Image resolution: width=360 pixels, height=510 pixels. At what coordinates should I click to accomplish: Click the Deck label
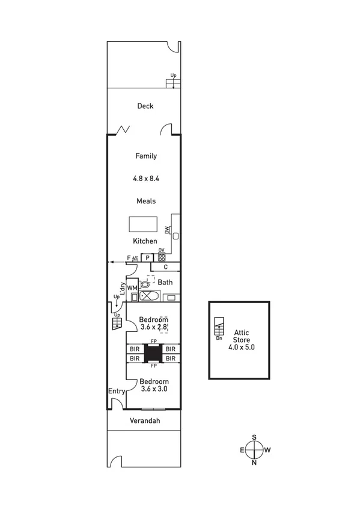(145, 106)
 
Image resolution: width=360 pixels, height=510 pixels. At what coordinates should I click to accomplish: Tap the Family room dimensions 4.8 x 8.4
(145, 179)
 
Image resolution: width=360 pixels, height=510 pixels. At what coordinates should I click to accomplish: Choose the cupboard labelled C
(165, 267)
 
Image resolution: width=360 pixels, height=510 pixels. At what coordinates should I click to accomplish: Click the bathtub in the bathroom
(148, 296)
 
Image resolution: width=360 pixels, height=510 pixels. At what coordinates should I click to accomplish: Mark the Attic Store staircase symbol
(219, 326)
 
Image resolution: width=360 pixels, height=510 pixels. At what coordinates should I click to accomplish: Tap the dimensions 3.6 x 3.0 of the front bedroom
(154, 389)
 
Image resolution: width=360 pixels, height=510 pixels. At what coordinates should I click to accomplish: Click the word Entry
(116, 392)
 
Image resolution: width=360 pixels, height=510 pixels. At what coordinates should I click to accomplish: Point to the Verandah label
(145, 421)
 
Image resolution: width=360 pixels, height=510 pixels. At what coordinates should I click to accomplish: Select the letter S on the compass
(254, 437)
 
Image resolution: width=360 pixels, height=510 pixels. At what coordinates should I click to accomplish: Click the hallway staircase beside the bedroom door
(116, 324)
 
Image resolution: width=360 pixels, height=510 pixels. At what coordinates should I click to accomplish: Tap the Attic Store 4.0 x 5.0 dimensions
(240, 346)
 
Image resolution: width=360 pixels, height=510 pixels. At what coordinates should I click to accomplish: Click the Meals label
(145, 201)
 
